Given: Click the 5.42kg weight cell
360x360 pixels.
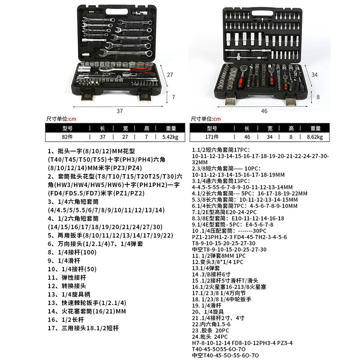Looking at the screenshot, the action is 170,137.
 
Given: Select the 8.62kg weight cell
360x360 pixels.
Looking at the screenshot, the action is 315,137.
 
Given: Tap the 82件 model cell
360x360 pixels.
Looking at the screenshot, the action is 67,137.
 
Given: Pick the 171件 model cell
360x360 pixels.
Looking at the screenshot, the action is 211,137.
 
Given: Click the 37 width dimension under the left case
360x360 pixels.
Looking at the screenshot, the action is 120,111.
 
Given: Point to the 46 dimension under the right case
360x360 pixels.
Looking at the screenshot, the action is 264,111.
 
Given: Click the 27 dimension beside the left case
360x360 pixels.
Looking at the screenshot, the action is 170,75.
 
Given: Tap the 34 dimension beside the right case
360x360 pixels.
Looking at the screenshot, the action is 314,75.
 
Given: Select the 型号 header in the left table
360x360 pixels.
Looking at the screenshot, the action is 67,128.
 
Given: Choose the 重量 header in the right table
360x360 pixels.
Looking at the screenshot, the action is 315,128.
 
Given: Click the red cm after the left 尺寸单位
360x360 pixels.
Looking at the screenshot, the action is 72,119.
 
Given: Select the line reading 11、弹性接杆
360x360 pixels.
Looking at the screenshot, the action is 67,278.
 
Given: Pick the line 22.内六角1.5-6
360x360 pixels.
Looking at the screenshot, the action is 211,324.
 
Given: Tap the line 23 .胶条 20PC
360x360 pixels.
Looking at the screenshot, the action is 211,331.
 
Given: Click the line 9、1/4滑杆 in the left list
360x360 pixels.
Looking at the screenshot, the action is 64,261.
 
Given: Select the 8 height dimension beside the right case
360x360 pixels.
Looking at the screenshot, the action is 318,97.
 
